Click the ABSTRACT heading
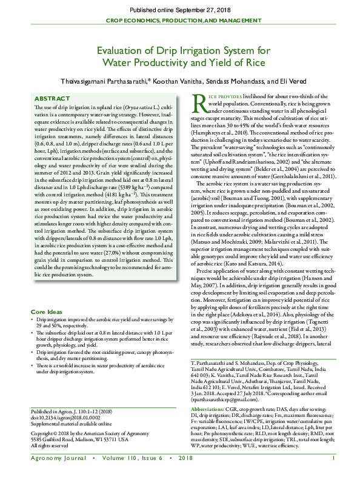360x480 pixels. (52, 98)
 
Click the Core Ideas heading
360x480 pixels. (48, 312)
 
